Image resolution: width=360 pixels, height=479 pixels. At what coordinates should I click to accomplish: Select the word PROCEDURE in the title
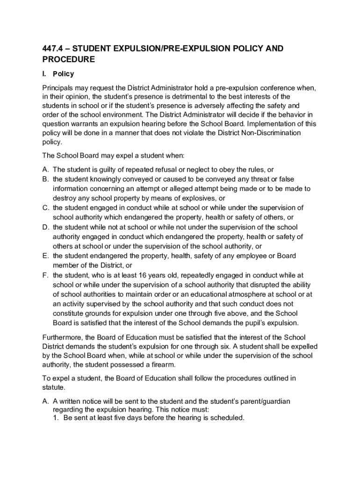pos(69,59)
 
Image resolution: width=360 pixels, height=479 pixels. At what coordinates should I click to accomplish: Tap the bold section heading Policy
pos(63,74)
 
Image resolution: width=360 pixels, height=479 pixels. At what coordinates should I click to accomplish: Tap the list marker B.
pos(45,179)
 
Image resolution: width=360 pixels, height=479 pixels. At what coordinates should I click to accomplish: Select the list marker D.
pos(45,227)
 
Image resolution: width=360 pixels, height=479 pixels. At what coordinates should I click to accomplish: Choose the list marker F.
pos(45,275)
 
